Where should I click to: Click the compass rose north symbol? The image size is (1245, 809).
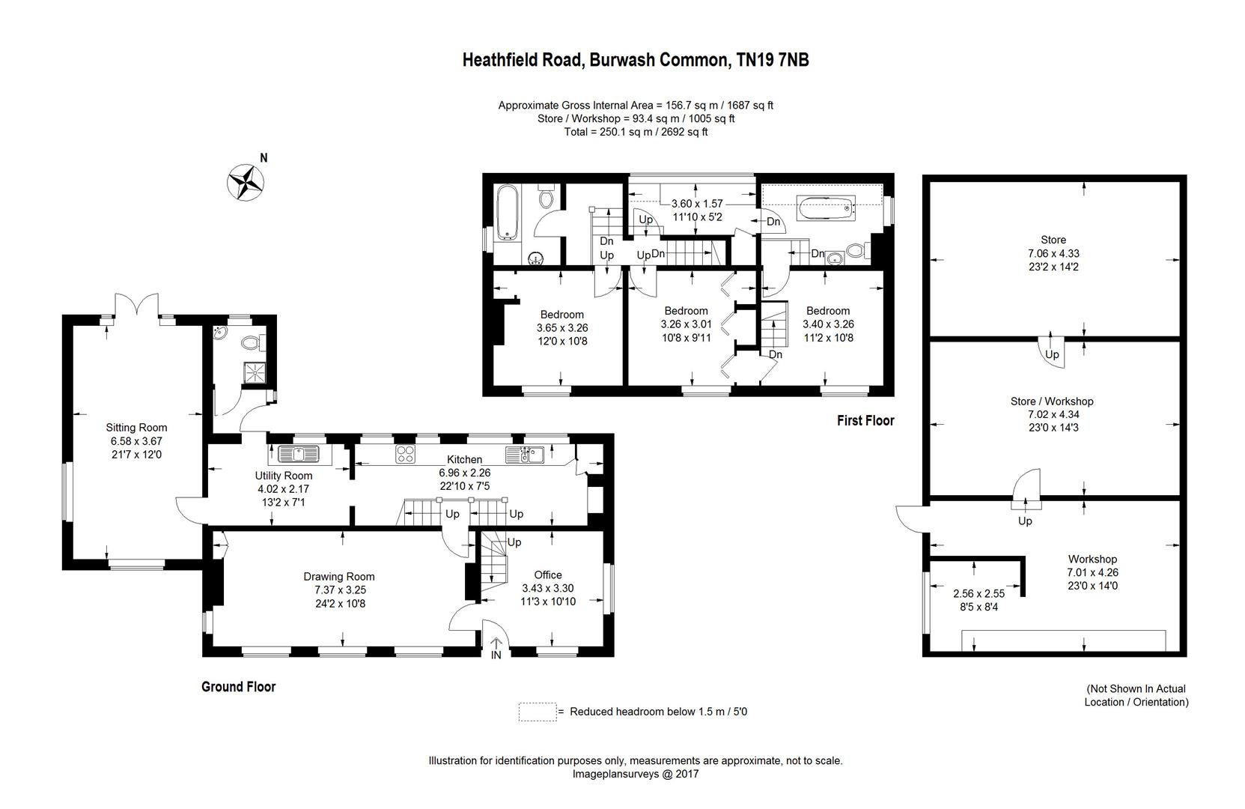(247, 181)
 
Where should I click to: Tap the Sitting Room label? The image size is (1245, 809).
(136, 428)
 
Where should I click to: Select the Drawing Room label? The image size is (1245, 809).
(339, 577)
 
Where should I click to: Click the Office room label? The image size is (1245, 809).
(548, 575)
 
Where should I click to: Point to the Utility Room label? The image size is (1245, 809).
(284, 476)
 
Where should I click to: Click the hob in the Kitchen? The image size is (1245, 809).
(406, 453)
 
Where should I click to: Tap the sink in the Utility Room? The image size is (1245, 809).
(298, 453)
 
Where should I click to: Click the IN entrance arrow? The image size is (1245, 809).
(496, 649)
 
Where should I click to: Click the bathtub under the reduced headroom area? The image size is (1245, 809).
(827, 207)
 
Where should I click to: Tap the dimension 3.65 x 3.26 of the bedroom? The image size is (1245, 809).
(562, 327)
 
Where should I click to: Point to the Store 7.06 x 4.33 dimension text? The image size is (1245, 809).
(1053, 254)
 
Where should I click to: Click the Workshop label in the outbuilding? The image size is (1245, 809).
(1092, 559)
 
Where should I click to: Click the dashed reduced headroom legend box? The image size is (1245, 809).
(537, 712)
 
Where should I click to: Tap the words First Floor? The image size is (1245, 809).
(865, 421)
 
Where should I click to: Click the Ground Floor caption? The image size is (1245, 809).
(238, 687)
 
